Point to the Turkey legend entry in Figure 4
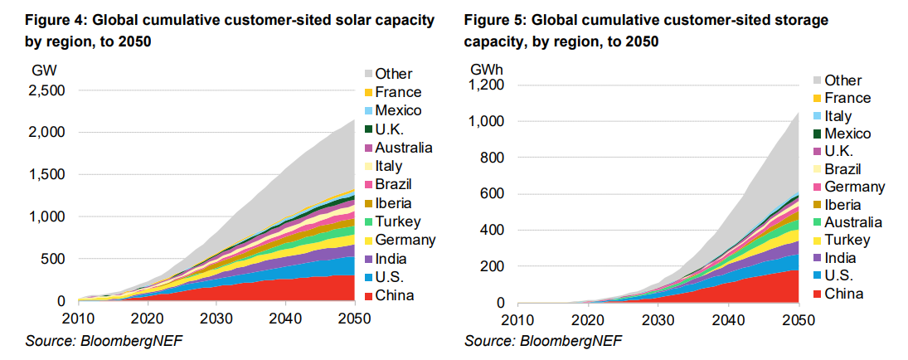(397, 221)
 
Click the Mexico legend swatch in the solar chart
(367, 110)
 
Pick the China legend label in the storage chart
(843, 294)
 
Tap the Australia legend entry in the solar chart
(403, 148)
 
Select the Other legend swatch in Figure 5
(817, 80)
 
